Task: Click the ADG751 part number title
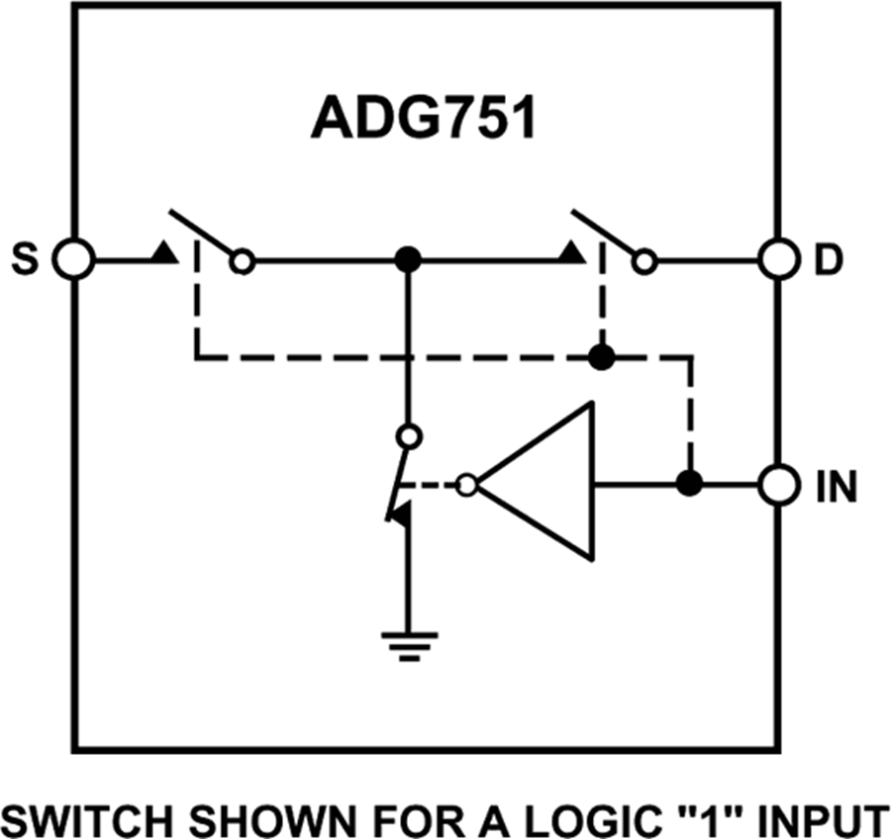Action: click(x=424, y=120)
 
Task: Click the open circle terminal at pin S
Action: click(x=72, y=261)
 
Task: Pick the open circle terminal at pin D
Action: click(x=777, y=261)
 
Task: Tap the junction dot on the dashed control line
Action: click(x=599, y=356)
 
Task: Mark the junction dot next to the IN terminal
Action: click(x=689, y=485)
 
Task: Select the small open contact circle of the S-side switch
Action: click(x=242, y=262)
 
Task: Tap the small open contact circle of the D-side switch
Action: click(x=645, y=262)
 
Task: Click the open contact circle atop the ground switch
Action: click(x=407, y=435)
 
